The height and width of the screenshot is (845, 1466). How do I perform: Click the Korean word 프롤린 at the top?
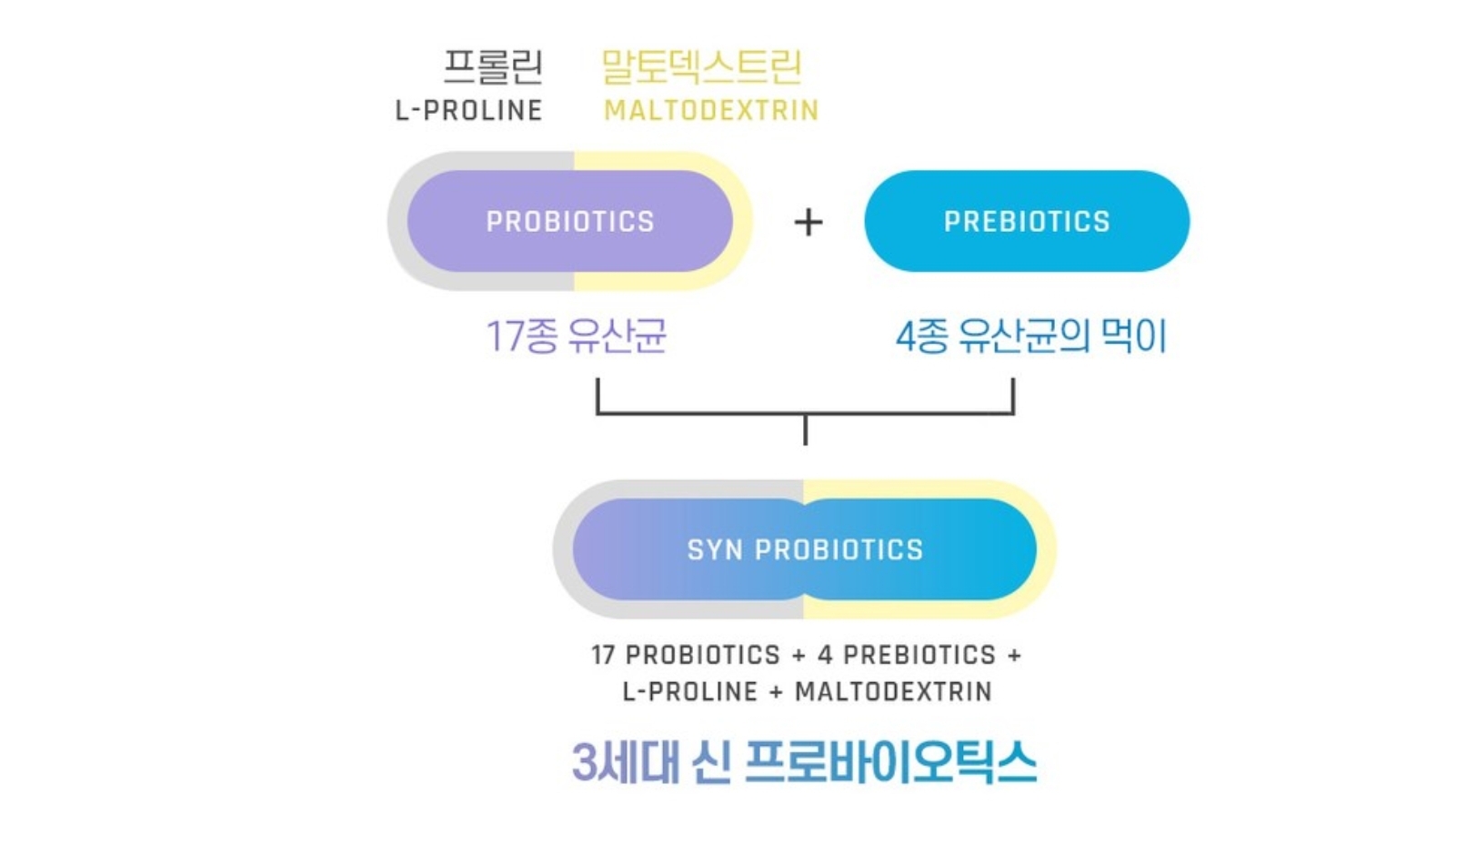[x=494, y=66]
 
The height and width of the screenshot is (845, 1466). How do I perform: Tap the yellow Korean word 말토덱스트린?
[x=701, y=66]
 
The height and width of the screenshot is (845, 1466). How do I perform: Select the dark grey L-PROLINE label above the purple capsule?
[x=468, y=111]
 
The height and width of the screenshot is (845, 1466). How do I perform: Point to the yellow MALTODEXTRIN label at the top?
[x=711, y=111]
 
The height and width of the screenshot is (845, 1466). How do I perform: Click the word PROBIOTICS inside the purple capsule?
[x=570, y=222]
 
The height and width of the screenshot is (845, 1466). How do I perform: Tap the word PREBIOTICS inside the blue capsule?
[x=1027, y=222]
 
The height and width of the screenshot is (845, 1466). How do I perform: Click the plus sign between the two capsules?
[x=808, y=222]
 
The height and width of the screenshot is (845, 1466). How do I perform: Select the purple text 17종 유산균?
[x=576, y=337]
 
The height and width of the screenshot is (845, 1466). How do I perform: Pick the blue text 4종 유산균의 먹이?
[x=1031, y=337]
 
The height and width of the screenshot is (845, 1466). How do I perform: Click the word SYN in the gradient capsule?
[x=715, y=549]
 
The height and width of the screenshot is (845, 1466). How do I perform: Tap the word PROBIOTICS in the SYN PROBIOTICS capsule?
[x=839, y=549]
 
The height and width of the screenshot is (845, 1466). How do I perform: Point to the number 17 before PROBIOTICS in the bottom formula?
[x=603, y=655]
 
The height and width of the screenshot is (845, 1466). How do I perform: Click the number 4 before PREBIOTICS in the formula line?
[x=825, y=655]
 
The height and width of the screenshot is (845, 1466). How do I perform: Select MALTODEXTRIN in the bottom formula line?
[x=893, y=692]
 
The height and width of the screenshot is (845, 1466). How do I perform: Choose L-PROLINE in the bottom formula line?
[x=690, y=692]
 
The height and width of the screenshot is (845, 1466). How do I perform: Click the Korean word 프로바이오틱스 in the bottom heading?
[x=890, y=762]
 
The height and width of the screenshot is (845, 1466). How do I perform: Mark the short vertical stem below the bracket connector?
[x=806, y=430]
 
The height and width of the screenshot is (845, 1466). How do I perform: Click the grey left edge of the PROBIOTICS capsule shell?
[x=397, y=221]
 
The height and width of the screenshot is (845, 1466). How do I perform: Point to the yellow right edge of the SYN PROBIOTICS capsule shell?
[x=1047, y=549]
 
